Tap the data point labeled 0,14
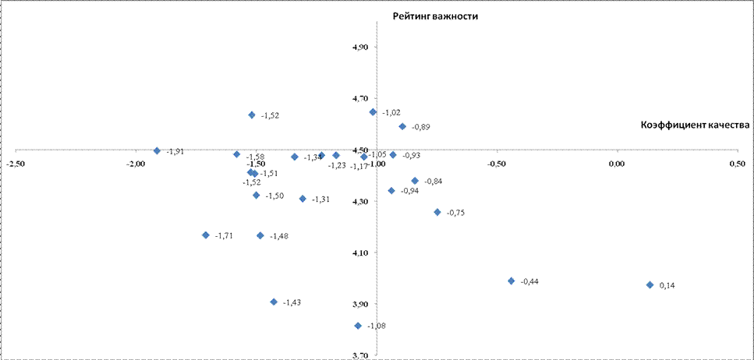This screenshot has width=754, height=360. coord(650,285)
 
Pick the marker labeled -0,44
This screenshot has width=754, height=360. coord(512,281)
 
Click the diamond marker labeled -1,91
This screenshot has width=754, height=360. coord(157,151)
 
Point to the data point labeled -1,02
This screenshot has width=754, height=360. coord(373,112)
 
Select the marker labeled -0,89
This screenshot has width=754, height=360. coord(402,126)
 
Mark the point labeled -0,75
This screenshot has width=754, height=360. coord(437,212)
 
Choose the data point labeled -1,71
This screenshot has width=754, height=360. coord(206,235)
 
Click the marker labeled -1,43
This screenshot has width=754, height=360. coord(274,302)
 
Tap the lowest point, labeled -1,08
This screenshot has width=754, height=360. coord(358,326)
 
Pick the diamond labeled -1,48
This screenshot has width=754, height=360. coord(260,235)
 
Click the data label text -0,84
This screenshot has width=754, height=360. coord(434,182)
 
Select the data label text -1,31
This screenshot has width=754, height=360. coord(320,199)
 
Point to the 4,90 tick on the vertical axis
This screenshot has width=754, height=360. coord(361,48)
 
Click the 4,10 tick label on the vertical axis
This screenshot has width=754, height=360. coord(361,252)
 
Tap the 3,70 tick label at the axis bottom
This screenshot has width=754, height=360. coord(361,355)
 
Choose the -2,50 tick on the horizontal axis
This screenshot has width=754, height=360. coord(14,164)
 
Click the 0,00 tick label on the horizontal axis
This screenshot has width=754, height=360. coord(616,164)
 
